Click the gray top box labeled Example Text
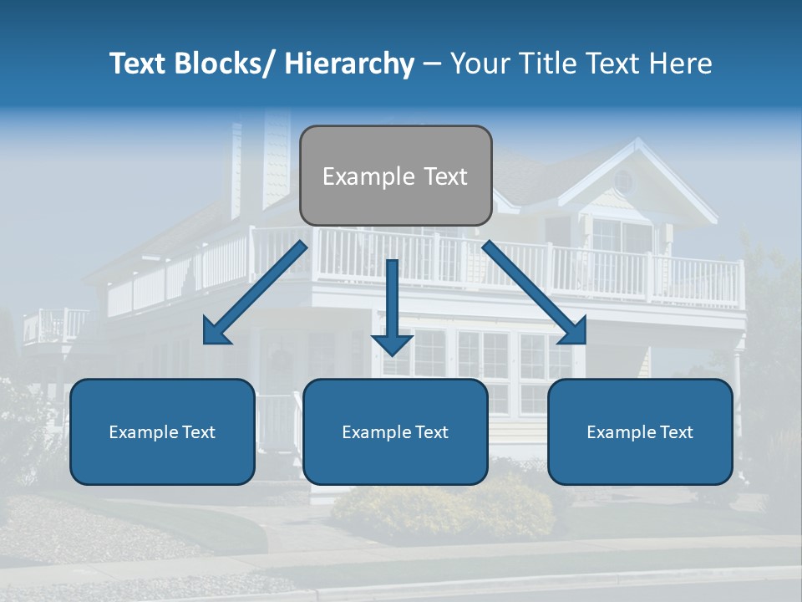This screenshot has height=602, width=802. click(395, 176)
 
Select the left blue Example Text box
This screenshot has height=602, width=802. click(162, 431)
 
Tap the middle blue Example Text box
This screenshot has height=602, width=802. click(395, 431)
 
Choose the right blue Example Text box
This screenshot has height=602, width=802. click(640, 431)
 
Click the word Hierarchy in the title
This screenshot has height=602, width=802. click(349, 64)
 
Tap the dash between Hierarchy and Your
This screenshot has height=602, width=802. click(431, 64)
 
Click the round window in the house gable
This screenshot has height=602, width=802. click(623, 180)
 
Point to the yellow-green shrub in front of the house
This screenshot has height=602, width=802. click(443, 510)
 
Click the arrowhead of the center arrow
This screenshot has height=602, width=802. click(392, 344)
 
